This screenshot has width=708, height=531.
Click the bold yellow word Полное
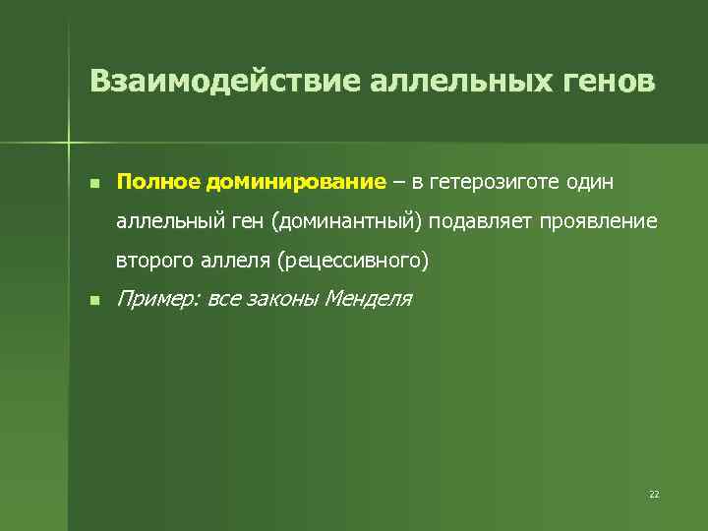tap(158, 182)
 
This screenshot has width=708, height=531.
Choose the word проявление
tap(598, 222)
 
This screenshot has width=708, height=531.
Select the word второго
tap(152, 263)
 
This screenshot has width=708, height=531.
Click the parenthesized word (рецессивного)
tap(354, 263)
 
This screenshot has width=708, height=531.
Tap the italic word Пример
tap(156, 300)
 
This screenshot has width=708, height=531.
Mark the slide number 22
tap(654, 494)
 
